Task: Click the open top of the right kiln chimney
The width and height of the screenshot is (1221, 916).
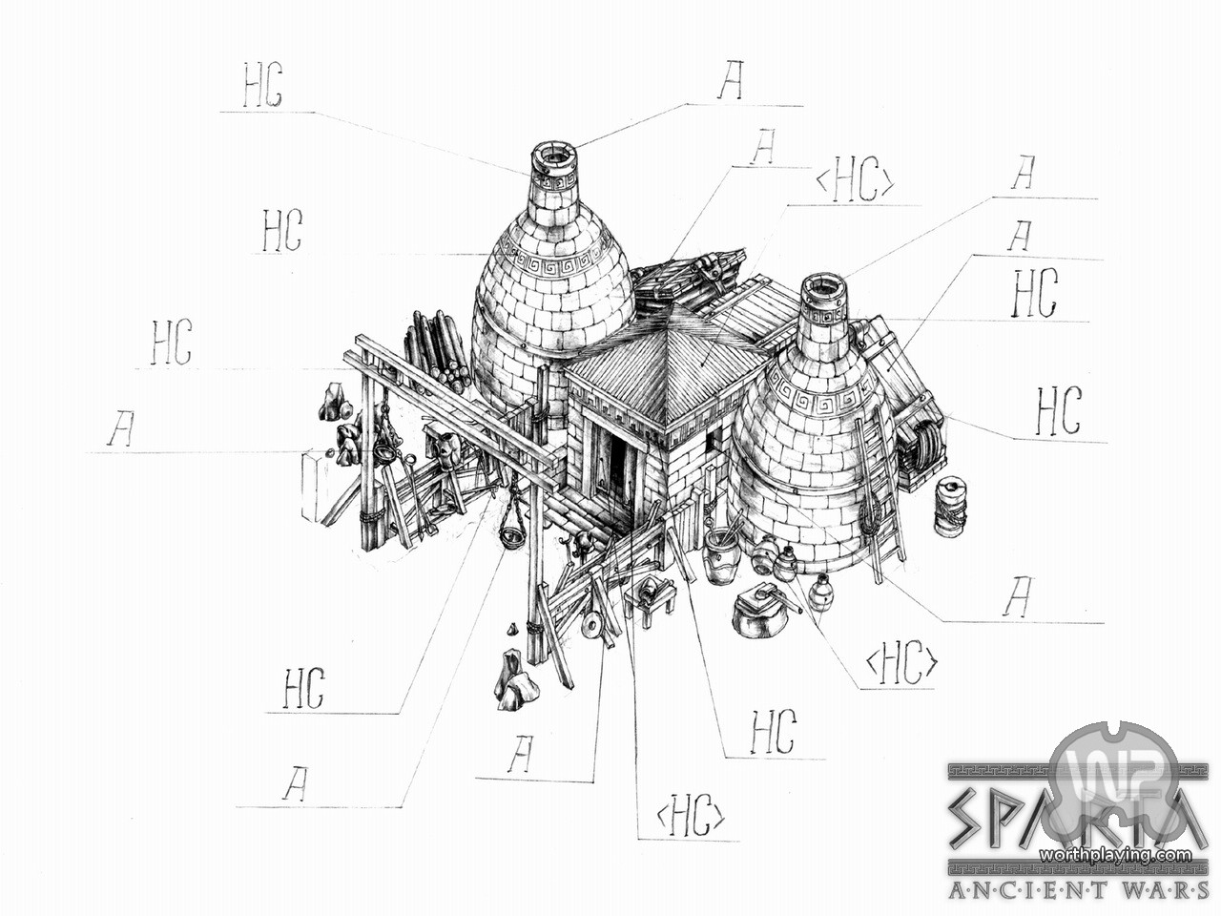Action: click(823, 285)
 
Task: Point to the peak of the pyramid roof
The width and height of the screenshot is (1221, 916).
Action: click(673, 307)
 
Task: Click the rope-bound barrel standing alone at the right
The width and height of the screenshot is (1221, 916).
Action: click(951, 505)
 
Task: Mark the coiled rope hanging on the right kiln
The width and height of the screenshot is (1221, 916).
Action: click(868, 520)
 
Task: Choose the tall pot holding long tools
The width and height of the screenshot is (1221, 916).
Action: click(720, 553)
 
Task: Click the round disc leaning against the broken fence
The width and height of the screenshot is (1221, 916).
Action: click(592, 627)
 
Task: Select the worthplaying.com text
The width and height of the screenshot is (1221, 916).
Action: click(1116, 854)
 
